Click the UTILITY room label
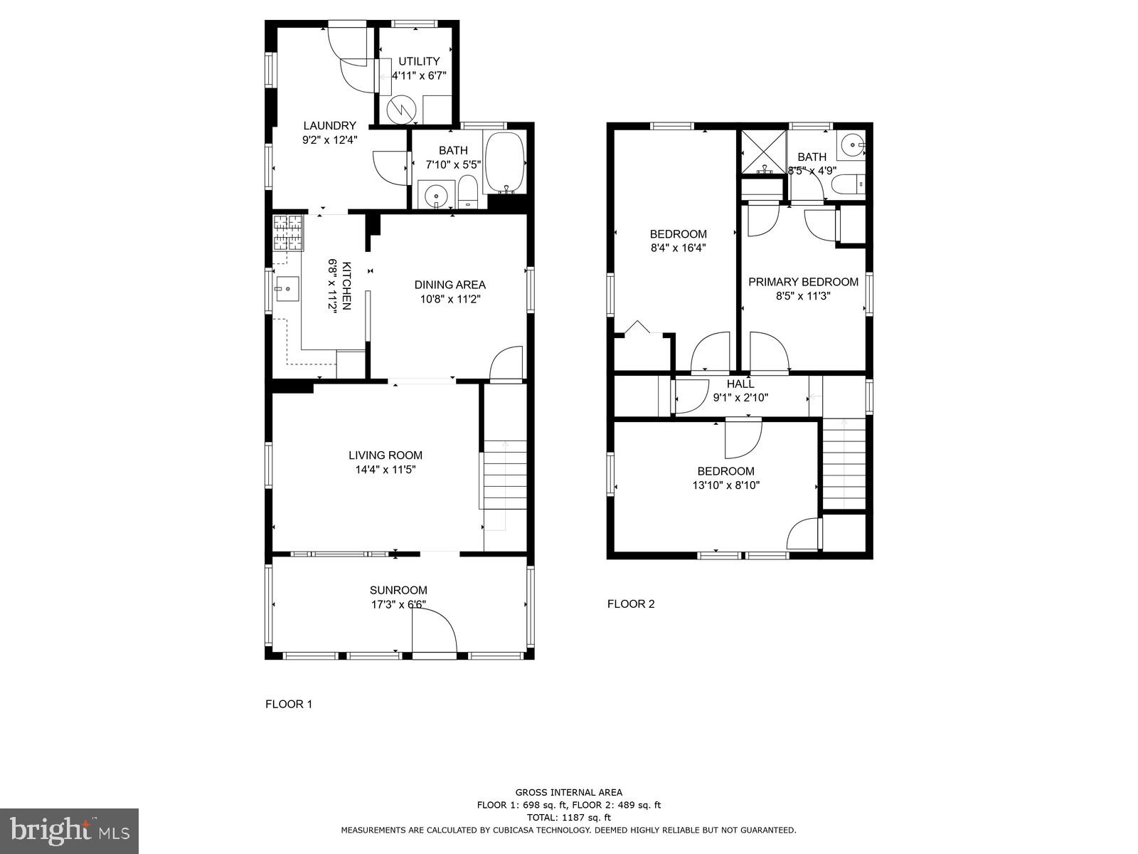(419, 61)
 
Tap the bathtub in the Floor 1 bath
(504, 163)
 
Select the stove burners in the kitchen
(287, 233)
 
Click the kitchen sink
(287, 289)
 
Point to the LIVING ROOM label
(385, 455)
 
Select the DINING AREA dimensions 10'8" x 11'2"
(450, 300)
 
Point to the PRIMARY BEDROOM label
(803, 282)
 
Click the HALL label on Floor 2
(740, 384)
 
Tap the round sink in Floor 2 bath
(850, 145)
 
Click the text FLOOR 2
(630, 604)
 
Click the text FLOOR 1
(289, 705)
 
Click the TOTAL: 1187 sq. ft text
(569, 818)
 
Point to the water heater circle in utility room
(400, 110)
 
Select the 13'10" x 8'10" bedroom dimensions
(725, 485)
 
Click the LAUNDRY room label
(329, 126)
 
